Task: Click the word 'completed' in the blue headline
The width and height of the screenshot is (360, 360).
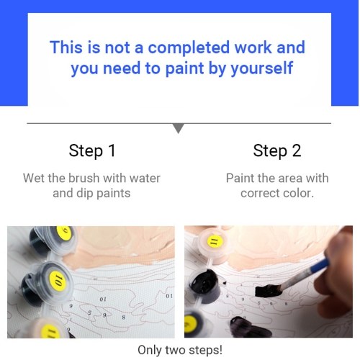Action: point(189,48)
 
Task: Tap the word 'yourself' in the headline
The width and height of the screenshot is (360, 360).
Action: point(262,69)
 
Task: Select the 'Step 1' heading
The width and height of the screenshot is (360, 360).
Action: point(92,150)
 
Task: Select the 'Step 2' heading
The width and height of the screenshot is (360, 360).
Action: point(277,150)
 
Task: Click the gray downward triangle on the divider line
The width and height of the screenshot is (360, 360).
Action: point(179,128)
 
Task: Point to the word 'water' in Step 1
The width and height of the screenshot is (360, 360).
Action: point(145,179)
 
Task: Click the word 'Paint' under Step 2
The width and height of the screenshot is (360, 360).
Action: point(240,179)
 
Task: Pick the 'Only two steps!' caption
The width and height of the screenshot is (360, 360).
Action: point(180,350)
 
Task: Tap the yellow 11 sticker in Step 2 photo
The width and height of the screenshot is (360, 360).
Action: point(215,240)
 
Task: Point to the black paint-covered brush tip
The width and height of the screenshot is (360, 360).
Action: point(268,290)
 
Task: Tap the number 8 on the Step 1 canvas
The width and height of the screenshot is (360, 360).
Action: point(123,318)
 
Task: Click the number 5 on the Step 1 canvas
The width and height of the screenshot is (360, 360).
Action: point(90,312)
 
